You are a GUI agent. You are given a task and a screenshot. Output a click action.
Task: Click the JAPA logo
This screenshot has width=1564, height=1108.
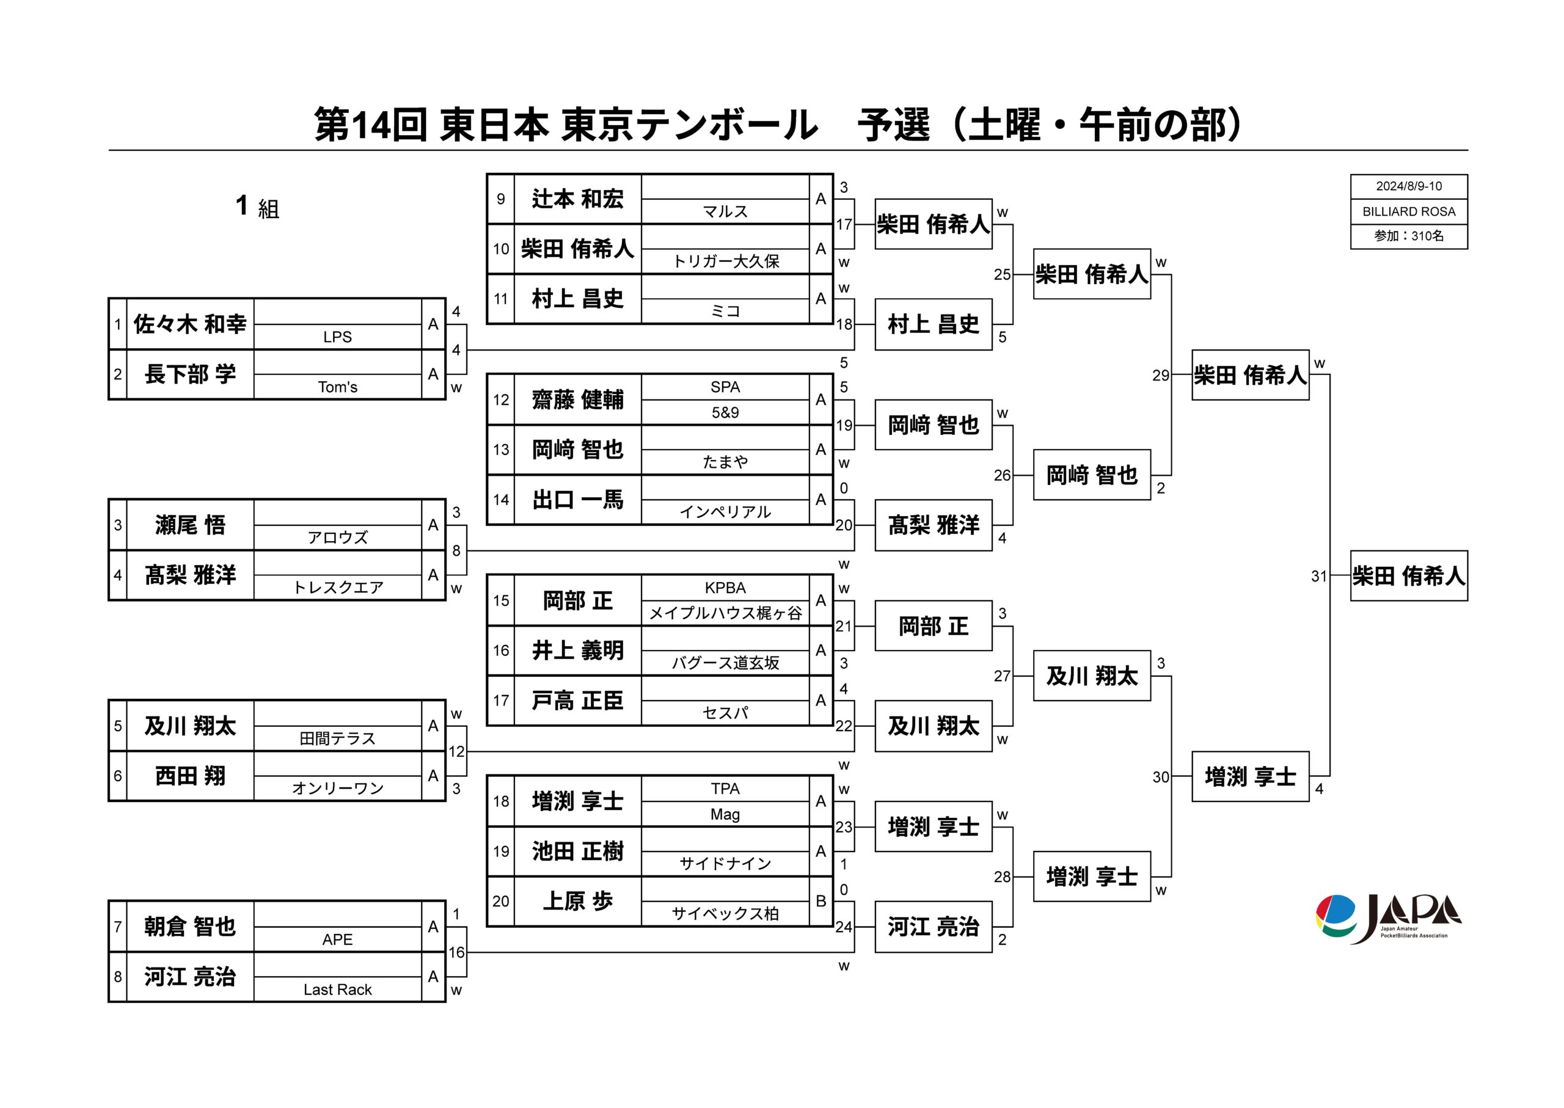pos(1388,919)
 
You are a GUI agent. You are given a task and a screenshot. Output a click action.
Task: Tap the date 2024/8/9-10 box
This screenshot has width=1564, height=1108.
pos(1408,186)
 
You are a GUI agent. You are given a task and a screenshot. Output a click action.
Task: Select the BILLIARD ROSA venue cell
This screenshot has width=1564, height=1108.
pos(1408,211)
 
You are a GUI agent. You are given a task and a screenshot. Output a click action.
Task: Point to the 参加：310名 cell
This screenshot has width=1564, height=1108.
pos(1408,236)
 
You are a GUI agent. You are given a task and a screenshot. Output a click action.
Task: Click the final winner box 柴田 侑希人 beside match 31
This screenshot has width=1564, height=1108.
pos(1408,576)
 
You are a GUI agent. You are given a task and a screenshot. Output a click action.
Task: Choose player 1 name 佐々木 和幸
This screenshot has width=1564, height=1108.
pos(190,324)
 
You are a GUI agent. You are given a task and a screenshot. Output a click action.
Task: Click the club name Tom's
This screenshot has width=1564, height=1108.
pos(338,387)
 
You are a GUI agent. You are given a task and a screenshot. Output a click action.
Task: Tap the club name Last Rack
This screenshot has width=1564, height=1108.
pos(338,990)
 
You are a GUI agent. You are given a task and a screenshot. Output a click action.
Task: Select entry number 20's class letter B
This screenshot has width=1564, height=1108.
pos(821,902)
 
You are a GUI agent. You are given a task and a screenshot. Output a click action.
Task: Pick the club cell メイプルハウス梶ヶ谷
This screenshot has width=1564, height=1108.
pos(725,613)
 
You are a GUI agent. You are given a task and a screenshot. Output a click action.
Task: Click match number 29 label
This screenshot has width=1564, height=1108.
pos(1160,375)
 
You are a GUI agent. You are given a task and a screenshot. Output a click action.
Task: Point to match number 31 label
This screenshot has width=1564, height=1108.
pos(1318,577)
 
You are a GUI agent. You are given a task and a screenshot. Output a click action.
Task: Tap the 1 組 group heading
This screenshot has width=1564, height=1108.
pos(257,206)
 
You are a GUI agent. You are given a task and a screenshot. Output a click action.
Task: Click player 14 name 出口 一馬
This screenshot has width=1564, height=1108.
pos(577,500)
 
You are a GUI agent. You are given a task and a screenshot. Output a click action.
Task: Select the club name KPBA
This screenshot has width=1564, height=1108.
pos(725,588)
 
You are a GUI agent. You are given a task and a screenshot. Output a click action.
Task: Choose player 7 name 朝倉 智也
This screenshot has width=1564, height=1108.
pos(190,927)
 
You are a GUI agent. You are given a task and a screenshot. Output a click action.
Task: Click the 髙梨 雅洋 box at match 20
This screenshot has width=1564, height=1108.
pos(934,525)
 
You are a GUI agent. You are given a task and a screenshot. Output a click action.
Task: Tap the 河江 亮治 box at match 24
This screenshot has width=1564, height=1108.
pos(934,927)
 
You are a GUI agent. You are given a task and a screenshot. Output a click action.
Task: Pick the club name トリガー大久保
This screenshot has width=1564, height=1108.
pos(725,261)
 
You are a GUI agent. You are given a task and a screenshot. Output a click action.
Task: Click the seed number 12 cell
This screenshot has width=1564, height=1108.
pos(501,400)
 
